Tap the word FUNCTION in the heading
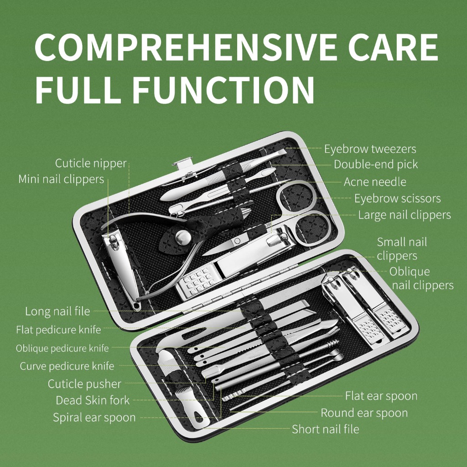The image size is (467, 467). (223, 90)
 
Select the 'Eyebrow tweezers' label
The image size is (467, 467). (370, 149)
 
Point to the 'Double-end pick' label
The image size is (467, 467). (376, 164)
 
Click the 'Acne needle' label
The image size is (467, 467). (375, 182)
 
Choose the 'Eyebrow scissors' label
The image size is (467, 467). (397, 198)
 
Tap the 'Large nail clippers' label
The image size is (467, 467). (405, 215)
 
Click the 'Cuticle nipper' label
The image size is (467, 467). (91, 164)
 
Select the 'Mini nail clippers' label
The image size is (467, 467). (61, 179)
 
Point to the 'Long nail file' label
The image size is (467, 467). (57, 311)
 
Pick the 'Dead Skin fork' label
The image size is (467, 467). (93, 400)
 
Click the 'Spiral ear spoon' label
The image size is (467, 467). (94, 418)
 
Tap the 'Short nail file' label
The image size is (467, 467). (325, 429)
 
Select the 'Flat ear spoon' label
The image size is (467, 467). (381, 396)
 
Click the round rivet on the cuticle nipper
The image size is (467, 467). (182, 237)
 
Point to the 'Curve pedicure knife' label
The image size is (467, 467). (67, 366)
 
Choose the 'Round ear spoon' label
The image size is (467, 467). (364, 413)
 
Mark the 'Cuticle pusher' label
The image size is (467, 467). (84, 384)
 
